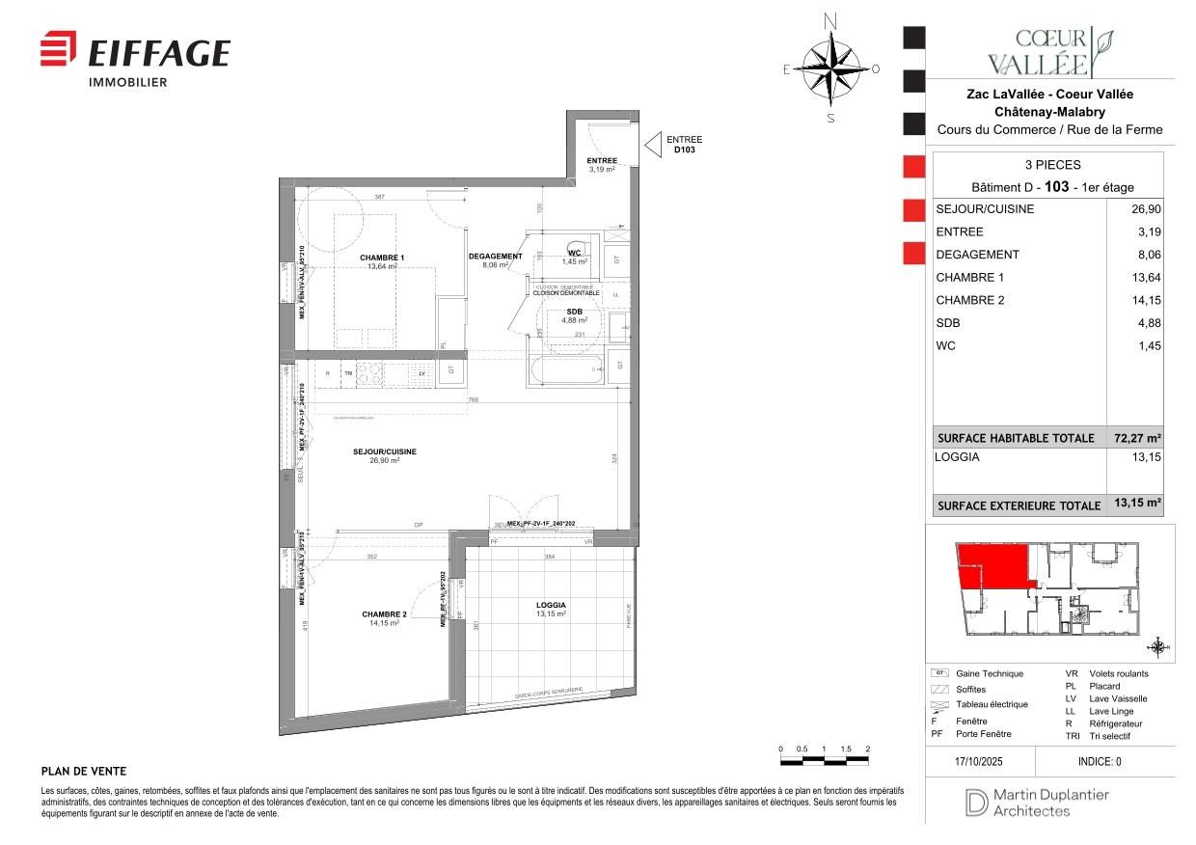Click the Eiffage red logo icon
(x=58, y=49)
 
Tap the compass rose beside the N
(x=830, y=68)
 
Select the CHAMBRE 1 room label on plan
(x=382, y=258)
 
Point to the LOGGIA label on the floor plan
(x=551, y=605)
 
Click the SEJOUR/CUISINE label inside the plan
(x=384, y=451)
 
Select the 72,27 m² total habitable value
(x=1139, y=438)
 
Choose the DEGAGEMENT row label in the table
(x=977, y=255)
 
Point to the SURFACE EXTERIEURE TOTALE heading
(x=1019, y=505)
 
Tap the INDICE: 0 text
(x=1100, y=761)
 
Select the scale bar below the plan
(x=824, y=761)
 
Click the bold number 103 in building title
(x=1057, y=186)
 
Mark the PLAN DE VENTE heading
(x=84, y=772)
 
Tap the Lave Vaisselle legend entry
(x=1118, y=698)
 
